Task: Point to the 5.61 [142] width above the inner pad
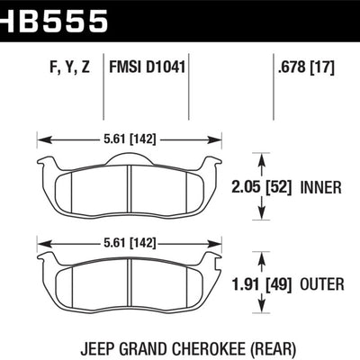[130, 139]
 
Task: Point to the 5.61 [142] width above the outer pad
[130, 241]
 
